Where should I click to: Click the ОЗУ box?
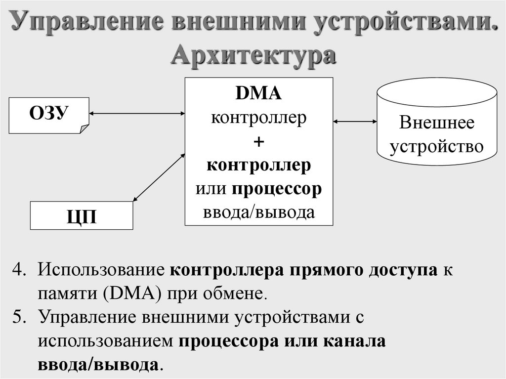point(48,115)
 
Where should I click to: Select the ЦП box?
point(82,215)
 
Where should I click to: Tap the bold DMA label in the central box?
point(258,94)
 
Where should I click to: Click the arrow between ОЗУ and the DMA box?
point(137,114)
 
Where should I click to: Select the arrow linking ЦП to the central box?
point(158,176)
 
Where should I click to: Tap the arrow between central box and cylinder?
point(354,121)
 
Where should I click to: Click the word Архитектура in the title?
point(253,55)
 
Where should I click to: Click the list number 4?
point(18,271)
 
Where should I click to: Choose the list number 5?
point(18,317)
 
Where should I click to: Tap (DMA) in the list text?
point(130,294)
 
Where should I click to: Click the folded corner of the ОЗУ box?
point(84,128)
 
